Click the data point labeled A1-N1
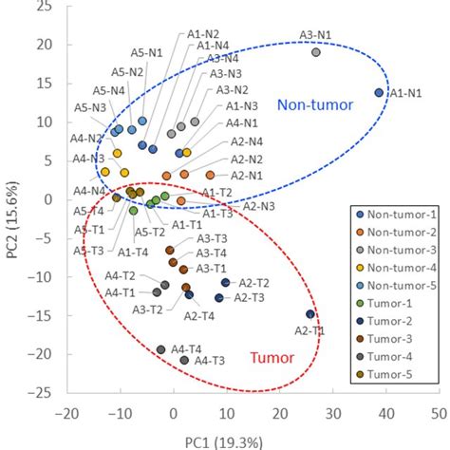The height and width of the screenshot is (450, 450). coord(379,92)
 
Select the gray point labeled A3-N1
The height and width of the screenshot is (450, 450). coord(316,52)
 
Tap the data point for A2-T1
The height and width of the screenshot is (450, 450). coord(309,314)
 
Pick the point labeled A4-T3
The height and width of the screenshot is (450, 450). coord(184,360)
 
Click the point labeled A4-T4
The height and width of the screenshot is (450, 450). coord(161,350)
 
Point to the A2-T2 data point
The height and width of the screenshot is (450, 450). coord(225,283)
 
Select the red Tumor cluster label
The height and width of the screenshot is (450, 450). coord(272,358)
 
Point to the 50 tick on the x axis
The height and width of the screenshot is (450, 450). coord(438,413)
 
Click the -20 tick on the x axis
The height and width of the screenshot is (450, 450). coord(66,413)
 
